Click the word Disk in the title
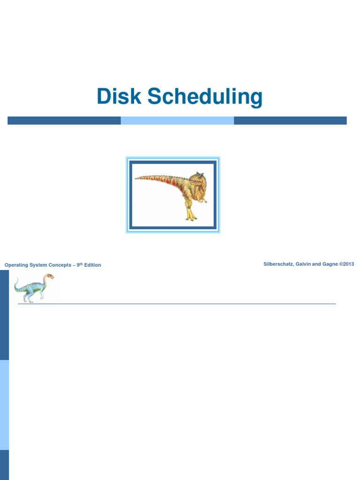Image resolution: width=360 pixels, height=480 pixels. [x=120, y=97]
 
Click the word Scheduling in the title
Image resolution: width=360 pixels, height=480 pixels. [x=205, y=97]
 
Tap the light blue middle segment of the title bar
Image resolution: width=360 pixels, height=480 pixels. [x=177, y=120]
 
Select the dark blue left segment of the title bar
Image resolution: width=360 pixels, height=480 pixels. [x=64, y=120]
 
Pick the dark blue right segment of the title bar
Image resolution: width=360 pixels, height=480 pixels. [x=290, y=120]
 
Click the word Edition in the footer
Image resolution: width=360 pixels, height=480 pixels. [x=92, y=265]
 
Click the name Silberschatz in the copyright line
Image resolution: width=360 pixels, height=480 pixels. [x=279, y=264]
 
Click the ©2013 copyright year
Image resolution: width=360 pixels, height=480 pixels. [x=347, y=264]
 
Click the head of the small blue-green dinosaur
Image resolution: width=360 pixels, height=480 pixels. [x=49, y=277]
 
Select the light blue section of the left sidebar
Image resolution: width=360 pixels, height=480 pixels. [x=4, y=405]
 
